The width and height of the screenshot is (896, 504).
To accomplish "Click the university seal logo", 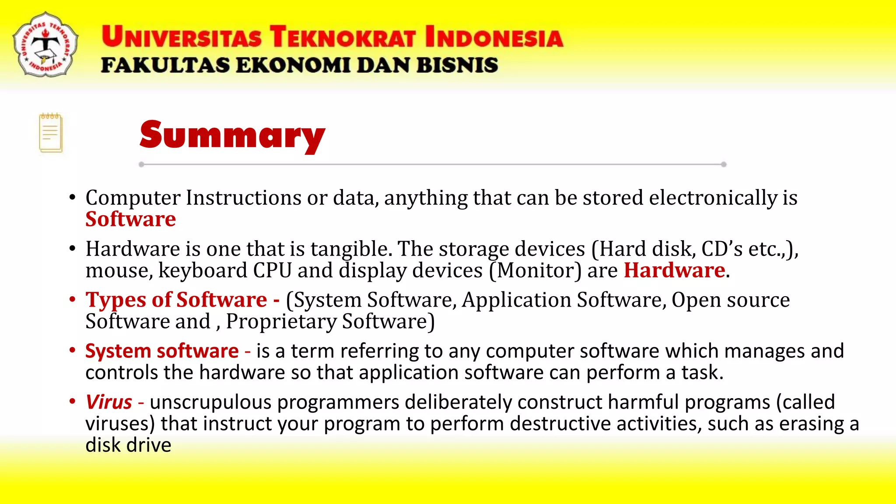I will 45,45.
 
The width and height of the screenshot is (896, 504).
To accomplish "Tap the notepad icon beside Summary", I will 51,133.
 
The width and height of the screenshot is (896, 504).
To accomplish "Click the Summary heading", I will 232,135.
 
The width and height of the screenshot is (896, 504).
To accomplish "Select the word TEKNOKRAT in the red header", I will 342,37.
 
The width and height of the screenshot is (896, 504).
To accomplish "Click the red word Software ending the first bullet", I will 130,219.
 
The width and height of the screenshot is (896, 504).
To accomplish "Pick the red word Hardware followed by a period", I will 674,270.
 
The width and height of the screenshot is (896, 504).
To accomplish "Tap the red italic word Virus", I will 109,402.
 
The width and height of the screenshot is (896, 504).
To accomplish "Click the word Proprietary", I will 281,322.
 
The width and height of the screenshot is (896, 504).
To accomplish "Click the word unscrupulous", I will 210,402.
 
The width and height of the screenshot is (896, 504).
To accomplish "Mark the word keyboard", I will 203,270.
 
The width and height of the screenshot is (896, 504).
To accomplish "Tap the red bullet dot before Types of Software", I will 73,300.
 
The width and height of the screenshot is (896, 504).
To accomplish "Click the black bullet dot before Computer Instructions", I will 73,198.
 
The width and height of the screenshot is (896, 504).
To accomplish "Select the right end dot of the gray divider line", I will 724,164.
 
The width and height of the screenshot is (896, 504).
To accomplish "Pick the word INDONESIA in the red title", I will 494,37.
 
